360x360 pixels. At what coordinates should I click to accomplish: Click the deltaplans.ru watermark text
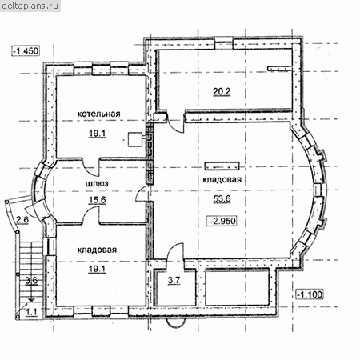30,6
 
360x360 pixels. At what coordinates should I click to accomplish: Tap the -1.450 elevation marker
26,50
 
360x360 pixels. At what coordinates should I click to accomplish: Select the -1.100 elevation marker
310,294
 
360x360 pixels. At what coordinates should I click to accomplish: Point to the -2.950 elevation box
222,221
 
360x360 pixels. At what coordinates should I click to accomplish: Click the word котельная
99,114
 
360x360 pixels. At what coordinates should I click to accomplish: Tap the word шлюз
97,184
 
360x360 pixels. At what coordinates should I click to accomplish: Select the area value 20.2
222,92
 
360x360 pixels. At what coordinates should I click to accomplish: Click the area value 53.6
222,198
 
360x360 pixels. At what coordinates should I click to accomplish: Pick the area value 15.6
98,200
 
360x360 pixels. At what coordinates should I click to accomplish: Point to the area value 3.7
174,281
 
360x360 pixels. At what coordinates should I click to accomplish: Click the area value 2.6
22,220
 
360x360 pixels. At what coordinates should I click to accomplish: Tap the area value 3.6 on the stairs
31,281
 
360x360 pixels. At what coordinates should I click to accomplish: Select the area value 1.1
31,312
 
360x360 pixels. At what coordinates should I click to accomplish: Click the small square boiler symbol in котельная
134,139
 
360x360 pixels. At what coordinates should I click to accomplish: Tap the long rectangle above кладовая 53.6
222,166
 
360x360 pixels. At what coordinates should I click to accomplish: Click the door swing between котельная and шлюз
90,166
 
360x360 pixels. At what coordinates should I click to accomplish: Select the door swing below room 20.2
175,122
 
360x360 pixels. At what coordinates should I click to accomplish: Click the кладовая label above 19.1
98,250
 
